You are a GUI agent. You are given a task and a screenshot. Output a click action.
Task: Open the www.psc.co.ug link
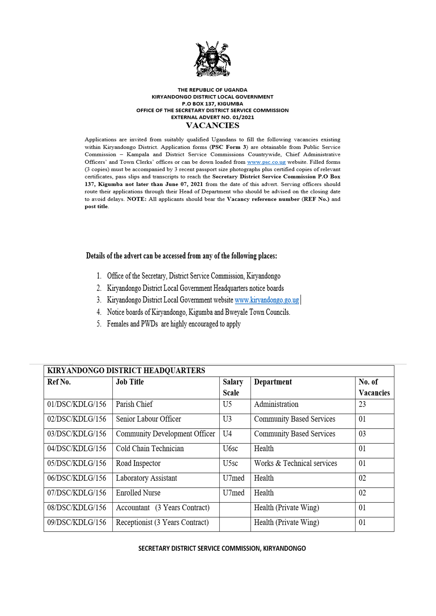point(266,162)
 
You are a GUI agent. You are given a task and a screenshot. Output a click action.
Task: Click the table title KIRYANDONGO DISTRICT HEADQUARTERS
point(126,371)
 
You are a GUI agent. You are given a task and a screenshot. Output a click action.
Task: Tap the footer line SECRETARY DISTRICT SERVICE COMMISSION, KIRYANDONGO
point(222,548)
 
